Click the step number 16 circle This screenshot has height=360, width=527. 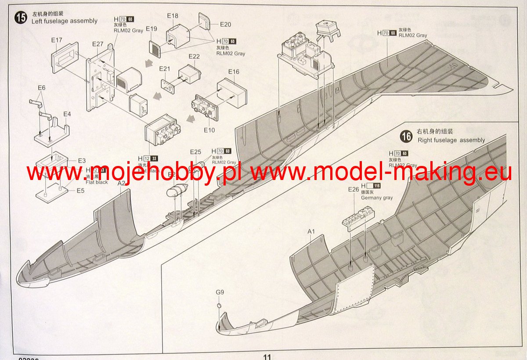click(x=407, y=137)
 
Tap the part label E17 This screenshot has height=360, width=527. click(x=57, y=40)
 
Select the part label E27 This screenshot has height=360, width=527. click(x=97, y=44)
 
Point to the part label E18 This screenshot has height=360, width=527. click(x=173, y=16)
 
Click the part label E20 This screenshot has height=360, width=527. click(x=225, y=25)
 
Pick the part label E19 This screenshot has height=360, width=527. click(x=152, y=29)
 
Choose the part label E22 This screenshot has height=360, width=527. click(x=194, y=56)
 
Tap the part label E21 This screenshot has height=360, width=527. click(x=165, y=68)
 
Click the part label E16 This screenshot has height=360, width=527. click(x=234, y=72)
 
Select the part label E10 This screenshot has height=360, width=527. click(x=209, y=130)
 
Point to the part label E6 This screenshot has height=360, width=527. click(x=41, y=87)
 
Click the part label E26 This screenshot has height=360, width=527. click(x=354, y=189)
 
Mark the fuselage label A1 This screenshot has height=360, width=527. click(x=311, y=231)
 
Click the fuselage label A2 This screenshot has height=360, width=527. click(x=122, y=184)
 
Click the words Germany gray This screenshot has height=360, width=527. click(x=377, y=198)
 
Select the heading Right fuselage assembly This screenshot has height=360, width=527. click(x=451, y=140)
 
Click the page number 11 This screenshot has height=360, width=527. click(x=267, y=356)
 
